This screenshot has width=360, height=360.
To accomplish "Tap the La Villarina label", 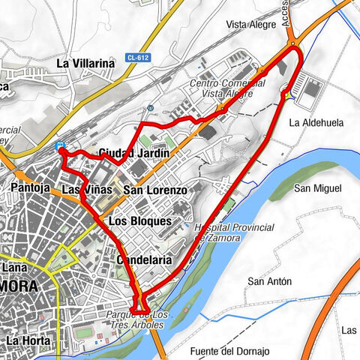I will [x=85, y=64].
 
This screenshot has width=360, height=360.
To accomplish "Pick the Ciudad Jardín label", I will [x=133, y=153].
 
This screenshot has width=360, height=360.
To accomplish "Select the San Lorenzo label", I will [x=154, y=190].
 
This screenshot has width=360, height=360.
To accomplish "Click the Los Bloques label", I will [x=140, y=221].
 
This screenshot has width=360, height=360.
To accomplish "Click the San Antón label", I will [x=269, y=281].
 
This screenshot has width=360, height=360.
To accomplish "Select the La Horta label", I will [x=28, y=340].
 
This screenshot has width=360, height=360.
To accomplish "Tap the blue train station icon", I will [x=60, y=146].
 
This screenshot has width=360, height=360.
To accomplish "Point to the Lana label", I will [x=14, y=265].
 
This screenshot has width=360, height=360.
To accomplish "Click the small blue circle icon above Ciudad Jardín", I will [x=149, y=107].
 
